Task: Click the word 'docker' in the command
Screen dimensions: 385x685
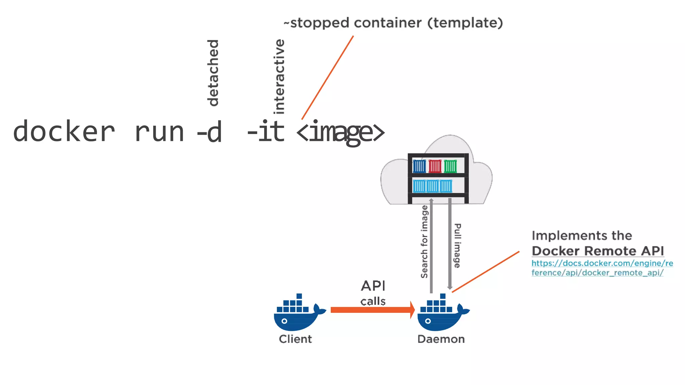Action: tap(64, 132)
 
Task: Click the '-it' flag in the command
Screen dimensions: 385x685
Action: tap(266, 132)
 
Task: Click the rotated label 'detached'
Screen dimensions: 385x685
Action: tap(213, 73)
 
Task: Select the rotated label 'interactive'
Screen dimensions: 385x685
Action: tap(279, 77)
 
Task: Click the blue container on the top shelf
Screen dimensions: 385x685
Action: tap(419, 166)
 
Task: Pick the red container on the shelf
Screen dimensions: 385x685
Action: tap(435, 166)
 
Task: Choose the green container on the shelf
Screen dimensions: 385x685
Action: tap(450, 166)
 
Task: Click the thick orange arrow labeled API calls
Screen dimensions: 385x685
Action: tap(371, 310)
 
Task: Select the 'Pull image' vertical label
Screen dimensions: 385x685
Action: tap(457, 246)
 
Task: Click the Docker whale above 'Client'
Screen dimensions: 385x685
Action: tap(298, 314)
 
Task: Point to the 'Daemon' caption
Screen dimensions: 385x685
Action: tap(441, 339)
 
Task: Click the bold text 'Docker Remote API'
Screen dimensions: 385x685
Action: tap(598, 251)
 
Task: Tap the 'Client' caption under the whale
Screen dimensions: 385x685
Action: tap(295, 339)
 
